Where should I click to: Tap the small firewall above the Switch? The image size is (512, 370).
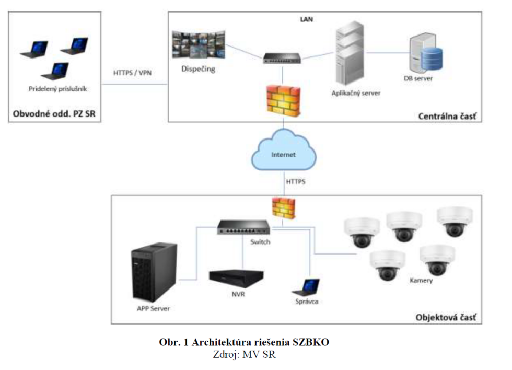pyautogui.click(x=283, y=209)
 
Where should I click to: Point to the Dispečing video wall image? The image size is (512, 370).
pyautogui.click(x=199, y=45)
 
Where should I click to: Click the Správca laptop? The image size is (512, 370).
pyautogui.click(x=307, y=286)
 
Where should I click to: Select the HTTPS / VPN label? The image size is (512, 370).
pyautogui.click(x=133, y=73)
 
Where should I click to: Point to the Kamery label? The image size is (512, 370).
pyautogui.click(x=421, y=281)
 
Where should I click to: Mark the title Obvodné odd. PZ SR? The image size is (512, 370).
pyautogui.click(x=54, y=114)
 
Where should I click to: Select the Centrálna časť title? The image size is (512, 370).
pyautogui.click(x=447, y=116)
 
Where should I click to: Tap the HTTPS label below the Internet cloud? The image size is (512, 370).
pyautogui.click(x=296, y=182)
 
